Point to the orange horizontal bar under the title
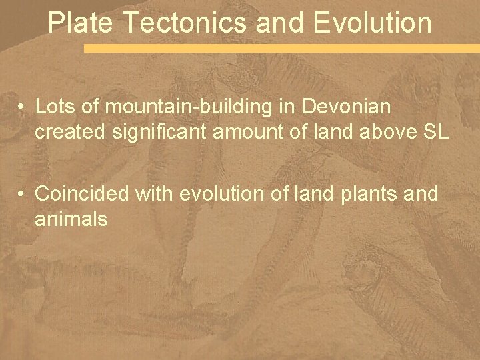[x=280, y=49]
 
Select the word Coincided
[x=82, y=194]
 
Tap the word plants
[x=365, y=195]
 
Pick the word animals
[x=71, y=219]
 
